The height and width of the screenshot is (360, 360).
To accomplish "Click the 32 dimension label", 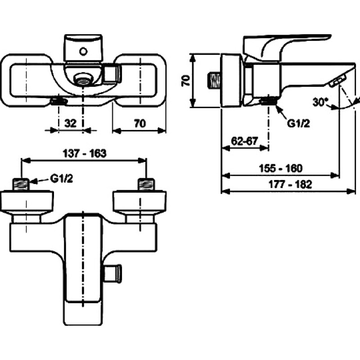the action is pyautogui.click(x=70, y=123).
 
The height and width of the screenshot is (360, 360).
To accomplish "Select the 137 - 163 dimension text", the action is pyautogui.click(x=85, y=153).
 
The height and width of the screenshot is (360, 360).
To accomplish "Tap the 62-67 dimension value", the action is pyautogui.click(x=244, y=141).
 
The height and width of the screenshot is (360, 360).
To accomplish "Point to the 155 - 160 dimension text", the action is pyautogui.click(x=280, y=168).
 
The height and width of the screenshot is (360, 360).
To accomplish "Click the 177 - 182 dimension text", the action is pyautogui.click(x=290, y=184).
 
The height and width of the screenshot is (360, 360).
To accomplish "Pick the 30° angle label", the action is pyautogui.click(x=319, y=102).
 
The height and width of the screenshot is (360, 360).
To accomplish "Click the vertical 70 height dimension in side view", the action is pyautogui.click(x=186, y=81).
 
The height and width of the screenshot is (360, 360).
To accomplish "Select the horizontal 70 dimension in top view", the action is pyautogui.click(x=140, y=123).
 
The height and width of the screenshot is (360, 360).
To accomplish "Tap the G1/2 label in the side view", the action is pyautogui.click(x=298, y=123).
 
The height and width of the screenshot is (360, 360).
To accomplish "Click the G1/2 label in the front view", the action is pyautogui.click(x=62, y=178).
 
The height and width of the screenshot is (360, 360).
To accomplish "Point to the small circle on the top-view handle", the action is pyautogui.click(x=83, y=51).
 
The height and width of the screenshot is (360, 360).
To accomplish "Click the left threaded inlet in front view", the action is pyautogui.click(x=21, y=184).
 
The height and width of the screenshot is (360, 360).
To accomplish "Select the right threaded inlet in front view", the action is pyautogui.click(x=146, y=184).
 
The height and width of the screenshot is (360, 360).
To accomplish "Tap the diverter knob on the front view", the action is pyautogui.click(x=113, y=274).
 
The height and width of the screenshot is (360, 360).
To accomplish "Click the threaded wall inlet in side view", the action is pyautogui.click(x=214, y=81).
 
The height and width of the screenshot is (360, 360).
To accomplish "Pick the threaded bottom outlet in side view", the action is pyautogui.click(x=269, y=100).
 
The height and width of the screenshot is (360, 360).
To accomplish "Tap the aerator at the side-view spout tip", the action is pyautogui.click(x=337, y=81).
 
